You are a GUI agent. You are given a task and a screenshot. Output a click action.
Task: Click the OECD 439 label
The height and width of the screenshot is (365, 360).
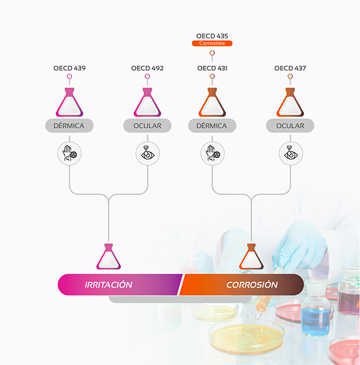click(69, 68)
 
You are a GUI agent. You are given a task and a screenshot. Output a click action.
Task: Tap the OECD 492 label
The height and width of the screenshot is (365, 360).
click(147, 68)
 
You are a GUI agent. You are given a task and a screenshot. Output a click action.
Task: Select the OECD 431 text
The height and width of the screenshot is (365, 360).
click(212, 68)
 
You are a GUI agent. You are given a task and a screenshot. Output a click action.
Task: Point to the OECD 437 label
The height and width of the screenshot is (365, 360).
click(290, 68)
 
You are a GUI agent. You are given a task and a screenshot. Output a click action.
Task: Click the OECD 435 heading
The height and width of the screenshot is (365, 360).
click(212, 36)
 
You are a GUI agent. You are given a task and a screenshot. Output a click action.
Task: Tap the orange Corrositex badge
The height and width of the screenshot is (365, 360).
click(212, 43)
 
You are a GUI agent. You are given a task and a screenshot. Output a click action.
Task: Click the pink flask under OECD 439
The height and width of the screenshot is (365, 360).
click(69, 102)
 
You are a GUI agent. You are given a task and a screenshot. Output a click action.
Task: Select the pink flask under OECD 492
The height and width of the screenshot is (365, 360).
click(147, 102)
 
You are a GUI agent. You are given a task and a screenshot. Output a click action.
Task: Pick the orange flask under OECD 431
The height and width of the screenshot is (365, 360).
click(212, 102)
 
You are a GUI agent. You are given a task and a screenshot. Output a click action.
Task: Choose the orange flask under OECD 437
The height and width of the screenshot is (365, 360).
click(290, 102)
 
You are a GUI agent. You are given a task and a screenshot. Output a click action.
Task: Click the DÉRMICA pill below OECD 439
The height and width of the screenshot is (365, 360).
click(69, 126)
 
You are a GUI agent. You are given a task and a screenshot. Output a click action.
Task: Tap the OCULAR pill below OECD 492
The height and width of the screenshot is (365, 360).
click(147, 126)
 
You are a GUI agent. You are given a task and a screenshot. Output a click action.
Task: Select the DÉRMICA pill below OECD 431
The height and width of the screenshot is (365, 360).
click(212, 126)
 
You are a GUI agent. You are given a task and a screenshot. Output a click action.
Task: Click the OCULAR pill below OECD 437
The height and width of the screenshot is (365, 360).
click(290, 126)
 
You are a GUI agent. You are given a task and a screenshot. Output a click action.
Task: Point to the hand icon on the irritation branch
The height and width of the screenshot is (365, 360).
click(69, 153)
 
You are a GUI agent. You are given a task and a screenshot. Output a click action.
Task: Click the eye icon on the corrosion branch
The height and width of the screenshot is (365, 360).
click(291, 153)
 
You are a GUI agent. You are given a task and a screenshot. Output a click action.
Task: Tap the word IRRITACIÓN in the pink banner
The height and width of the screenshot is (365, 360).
click(108, 285)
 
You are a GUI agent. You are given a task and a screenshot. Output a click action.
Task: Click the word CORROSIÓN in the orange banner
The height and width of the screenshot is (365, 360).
click(252, 285)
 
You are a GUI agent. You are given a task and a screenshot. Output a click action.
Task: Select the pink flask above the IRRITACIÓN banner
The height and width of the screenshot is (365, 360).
click(108, 257)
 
